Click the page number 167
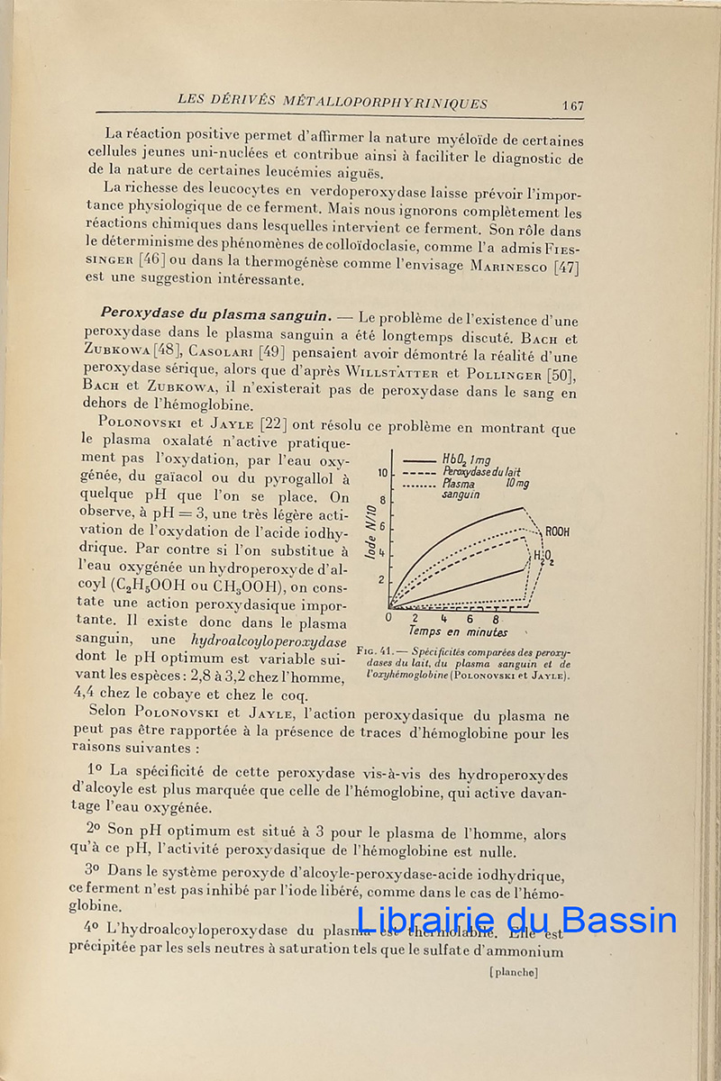coord(572,105)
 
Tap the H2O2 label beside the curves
coord(542,557)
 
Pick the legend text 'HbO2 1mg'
coord(467,459)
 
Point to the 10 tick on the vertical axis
coord(383,473)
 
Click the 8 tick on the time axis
coord(496,620)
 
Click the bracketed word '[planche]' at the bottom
coord(513,971)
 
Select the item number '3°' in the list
coord(91,870)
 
